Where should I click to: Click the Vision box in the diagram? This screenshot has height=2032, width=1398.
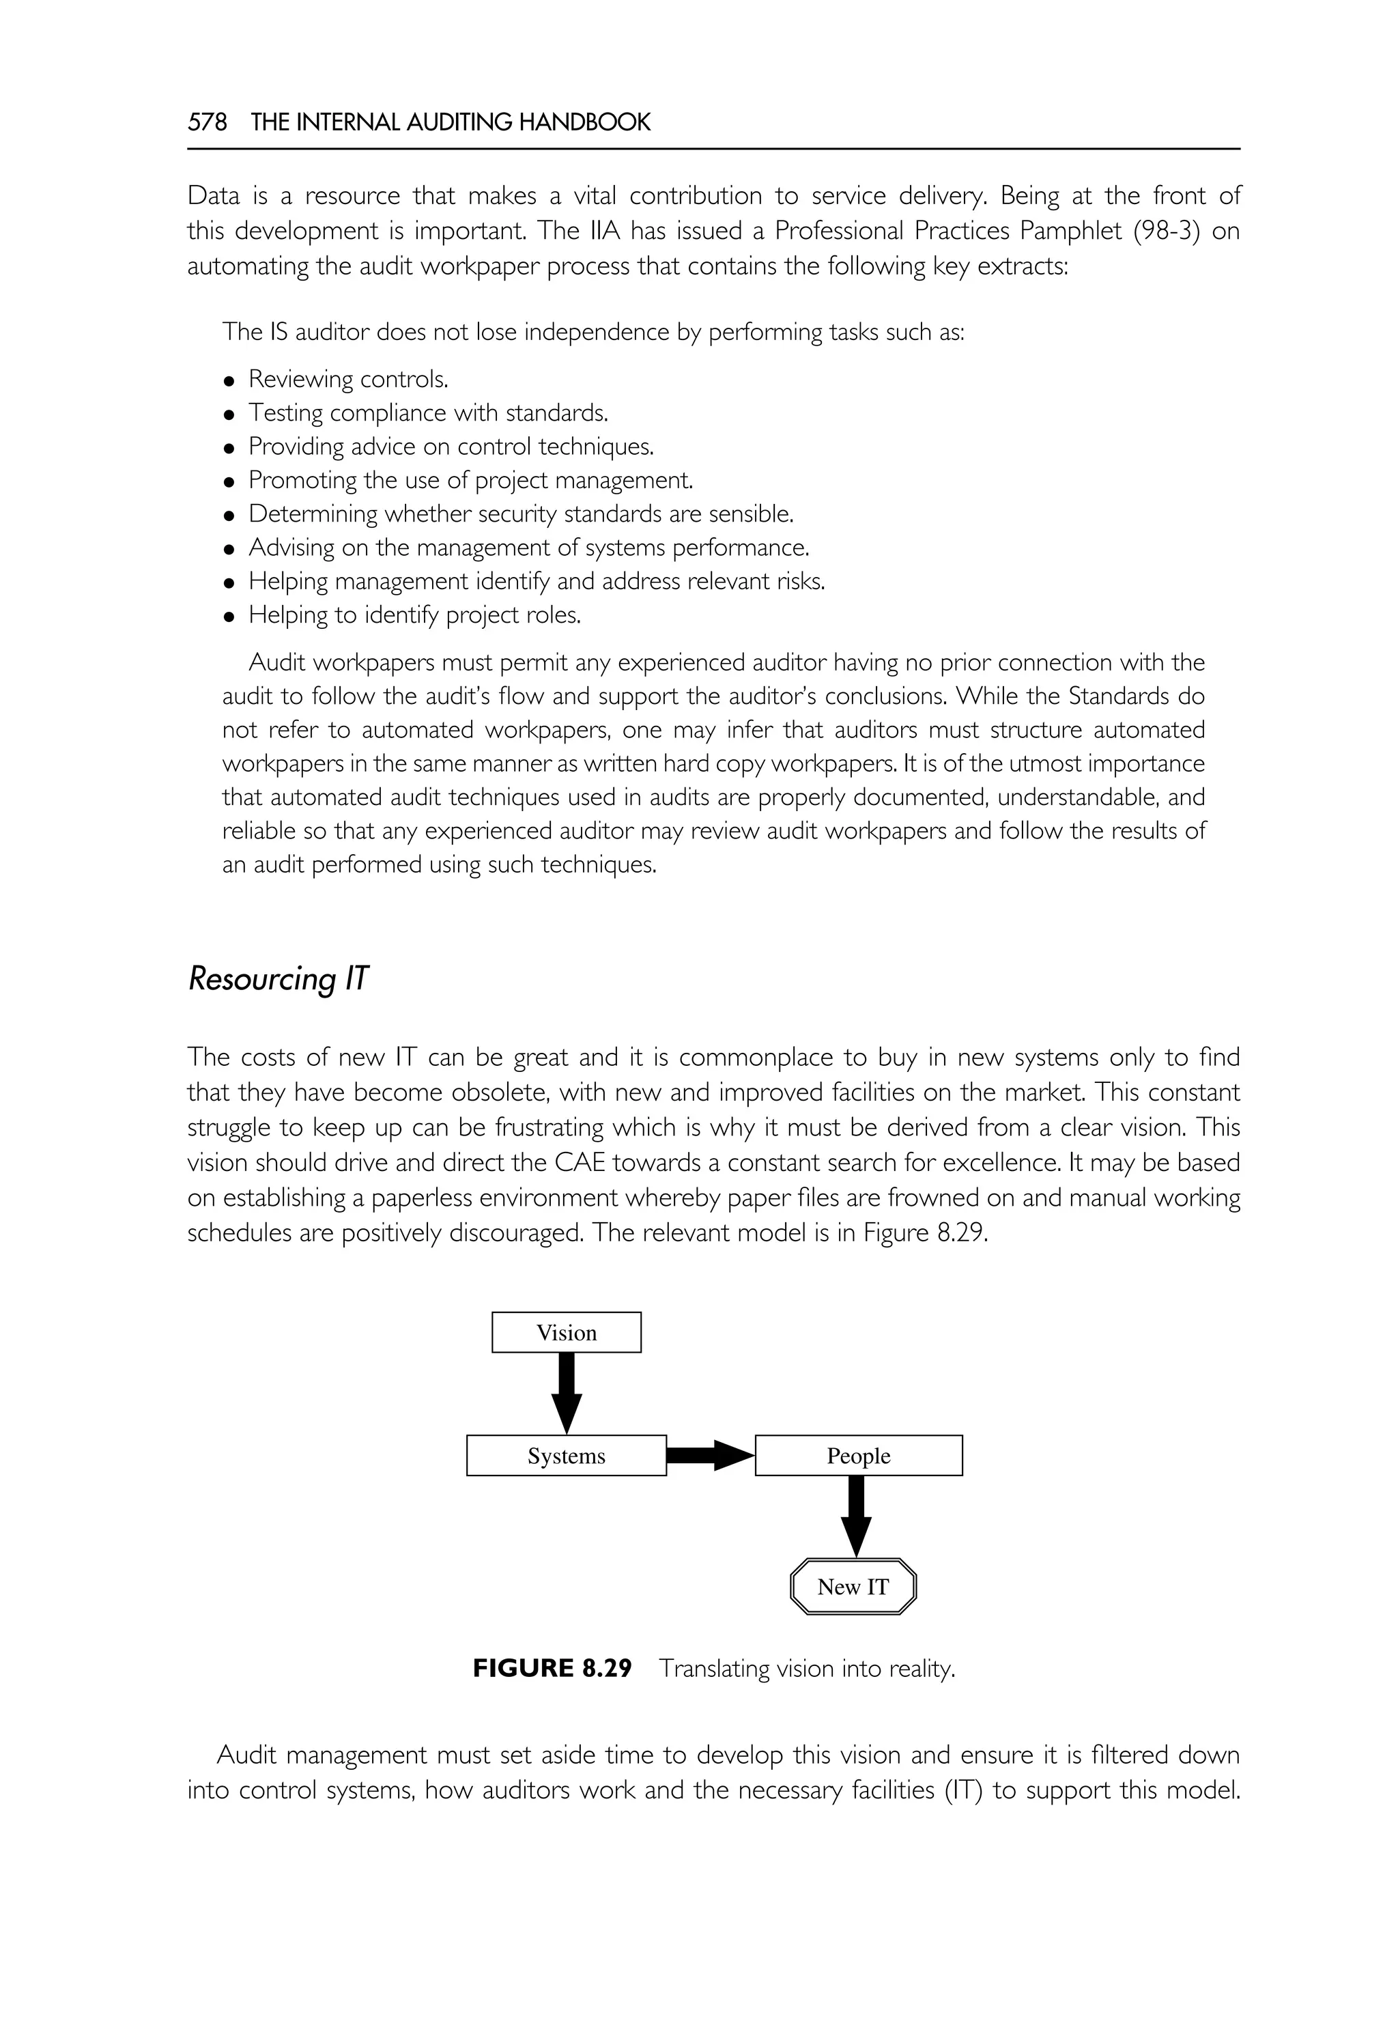point(566,1333)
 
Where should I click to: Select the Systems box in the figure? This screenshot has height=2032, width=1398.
point(566,1456)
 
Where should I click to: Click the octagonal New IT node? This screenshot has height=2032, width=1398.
point(853,1587)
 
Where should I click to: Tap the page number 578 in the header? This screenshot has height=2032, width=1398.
point(207,123)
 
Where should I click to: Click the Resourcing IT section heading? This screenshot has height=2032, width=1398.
point(278,978)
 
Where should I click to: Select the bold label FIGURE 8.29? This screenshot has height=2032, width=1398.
point(552,1668)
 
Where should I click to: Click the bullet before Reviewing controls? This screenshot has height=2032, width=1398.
point(229,381)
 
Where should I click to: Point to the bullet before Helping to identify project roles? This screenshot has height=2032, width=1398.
point(229,617)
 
